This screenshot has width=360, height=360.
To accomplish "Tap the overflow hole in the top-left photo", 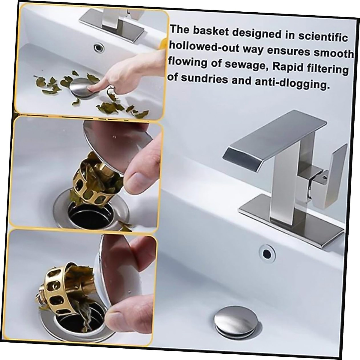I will [x=98, y=47].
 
